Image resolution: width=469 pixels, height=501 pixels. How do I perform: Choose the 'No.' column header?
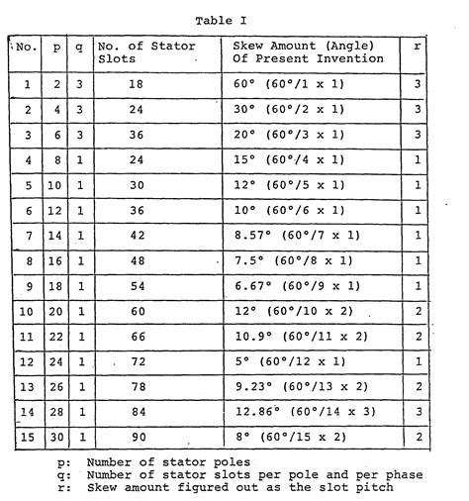26,46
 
